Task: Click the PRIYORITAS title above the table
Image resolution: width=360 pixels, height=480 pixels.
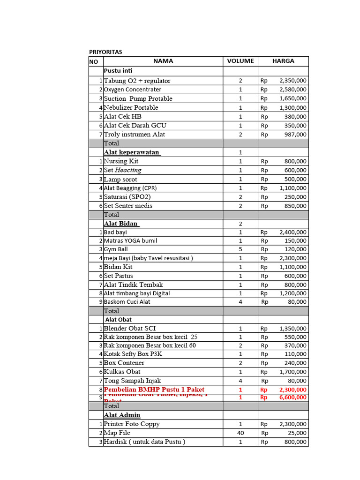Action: (105, 52)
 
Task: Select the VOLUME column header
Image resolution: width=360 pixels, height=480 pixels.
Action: (240, 61)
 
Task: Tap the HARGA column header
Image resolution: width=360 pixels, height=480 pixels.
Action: (283, 61)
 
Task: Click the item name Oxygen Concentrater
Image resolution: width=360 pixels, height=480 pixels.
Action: (133, 90)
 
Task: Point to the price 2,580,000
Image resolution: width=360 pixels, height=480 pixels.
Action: (293, 90)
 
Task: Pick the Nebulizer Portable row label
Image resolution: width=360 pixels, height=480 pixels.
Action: (131, 107)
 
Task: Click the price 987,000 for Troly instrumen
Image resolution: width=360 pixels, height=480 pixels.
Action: (295, 135)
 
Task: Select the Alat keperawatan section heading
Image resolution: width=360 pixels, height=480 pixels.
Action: (132, 152)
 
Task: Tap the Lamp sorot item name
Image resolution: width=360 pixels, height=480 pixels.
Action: (120, 179)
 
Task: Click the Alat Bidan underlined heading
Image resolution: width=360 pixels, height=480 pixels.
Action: (121, 224)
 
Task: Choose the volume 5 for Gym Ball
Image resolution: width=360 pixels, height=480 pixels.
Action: (240, 249)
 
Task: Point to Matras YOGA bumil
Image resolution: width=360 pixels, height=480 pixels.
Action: (131, 241)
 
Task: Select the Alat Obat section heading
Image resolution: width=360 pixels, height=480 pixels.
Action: (118, 320)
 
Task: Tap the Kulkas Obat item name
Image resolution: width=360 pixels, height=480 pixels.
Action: (122, 372)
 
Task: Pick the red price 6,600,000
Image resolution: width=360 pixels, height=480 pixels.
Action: (293, 397)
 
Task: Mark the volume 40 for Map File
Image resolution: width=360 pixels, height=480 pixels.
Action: (240, 433)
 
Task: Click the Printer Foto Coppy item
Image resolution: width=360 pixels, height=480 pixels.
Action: (132, 424)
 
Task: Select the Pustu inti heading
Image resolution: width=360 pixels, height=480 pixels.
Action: (118, 71)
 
